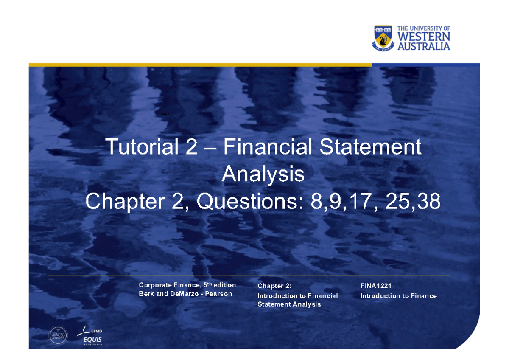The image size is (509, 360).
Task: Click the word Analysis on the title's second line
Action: [x=263, y=174]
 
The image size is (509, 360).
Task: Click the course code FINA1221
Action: [x=376, y=286]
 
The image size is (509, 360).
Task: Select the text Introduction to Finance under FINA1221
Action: [x=398, y=296]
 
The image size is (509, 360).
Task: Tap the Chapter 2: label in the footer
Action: [x=275, y=286]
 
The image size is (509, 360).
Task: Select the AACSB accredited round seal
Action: [x=58, y=335]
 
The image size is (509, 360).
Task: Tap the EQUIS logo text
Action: [x=92, y=340]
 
